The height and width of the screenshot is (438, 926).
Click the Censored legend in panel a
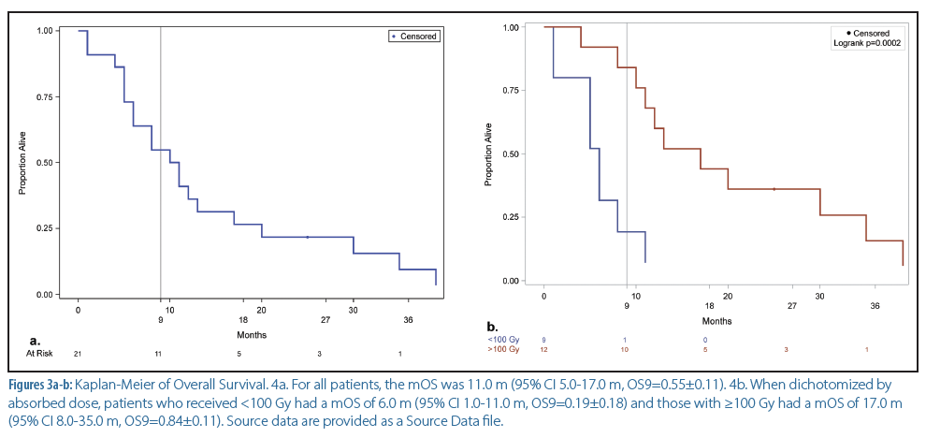(x=414, y=36)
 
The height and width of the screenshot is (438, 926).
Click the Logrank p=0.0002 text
(x=867, y=43)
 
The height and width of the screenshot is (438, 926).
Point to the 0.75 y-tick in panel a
(x=45, y=95)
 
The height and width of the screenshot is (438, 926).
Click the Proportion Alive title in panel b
(x=487, y=155)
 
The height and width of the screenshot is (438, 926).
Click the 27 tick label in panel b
(x=791, y=305)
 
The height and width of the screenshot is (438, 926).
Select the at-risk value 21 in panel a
(x=79, y=354)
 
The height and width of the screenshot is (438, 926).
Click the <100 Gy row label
(x=501, y=339)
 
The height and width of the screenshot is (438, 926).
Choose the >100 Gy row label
(x=501, y=349)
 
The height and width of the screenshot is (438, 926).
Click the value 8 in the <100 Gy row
(x=544, y=339)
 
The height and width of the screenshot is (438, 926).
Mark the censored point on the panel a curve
(x=307, y=237)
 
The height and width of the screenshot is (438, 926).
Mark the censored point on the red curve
(x=774, y=189)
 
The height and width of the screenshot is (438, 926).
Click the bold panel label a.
(x=35, y=340)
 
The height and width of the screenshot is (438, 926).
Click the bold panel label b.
(x=492, y=327)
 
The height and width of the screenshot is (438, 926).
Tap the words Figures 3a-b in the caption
(x=39, y=385)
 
